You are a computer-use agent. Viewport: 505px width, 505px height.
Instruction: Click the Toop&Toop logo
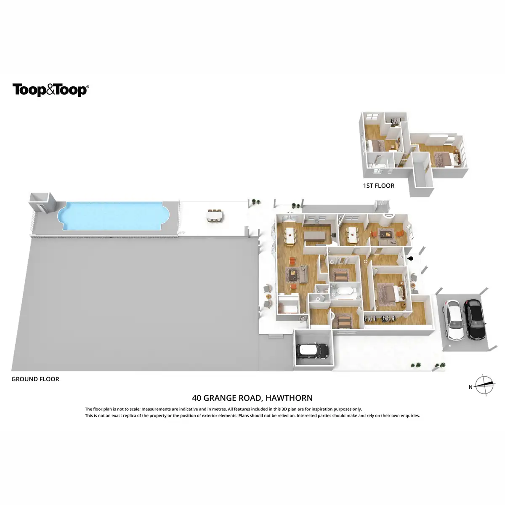pos(50,90)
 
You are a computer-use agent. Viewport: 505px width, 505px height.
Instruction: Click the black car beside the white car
pos(474,319)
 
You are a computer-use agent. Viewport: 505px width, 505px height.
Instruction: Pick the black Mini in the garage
pos(312,350)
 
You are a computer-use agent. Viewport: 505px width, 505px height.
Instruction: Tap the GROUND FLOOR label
pos(35,379)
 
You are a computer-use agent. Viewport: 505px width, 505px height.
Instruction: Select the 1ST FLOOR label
pos(378,186)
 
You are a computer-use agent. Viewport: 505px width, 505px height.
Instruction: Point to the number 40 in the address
pos(196,398)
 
